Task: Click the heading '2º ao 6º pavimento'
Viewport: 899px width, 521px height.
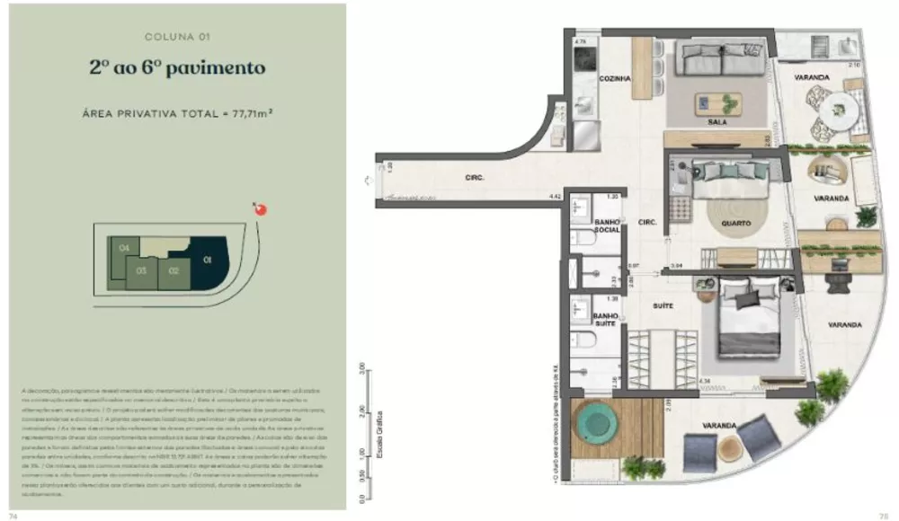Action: (x=177, y=67)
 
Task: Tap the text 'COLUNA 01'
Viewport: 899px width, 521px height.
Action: (x=177, y=37)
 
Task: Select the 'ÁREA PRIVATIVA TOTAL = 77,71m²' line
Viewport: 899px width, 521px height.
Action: (x=177, y=113)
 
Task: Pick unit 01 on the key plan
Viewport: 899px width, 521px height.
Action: (x=209, y=261)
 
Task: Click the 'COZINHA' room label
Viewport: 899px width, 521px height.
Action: (x=615, y=79)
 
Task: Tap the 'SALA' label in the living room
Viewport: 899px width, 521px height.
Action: (x=717, y=122)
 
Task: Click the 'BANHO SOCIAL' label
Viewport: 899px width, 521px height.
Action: (x=605, y=228)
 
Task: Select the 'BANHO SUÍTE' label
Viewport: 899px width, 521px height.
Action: (x=604, y=320)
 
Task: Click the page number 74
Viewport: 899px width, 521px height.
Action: (x=13, y=516)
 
